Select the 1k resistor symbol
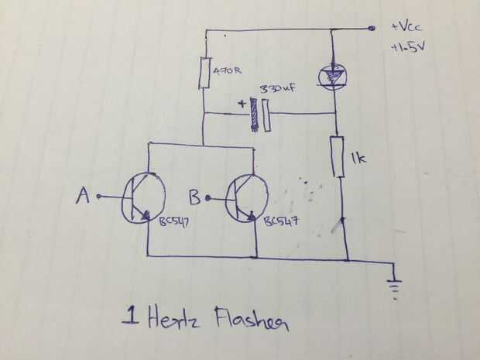click(337, 157)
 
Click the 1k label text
click(358, 160)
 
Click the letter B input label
click(195, 198)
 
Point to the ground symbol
click(397, 283)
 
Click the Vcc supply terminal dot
click(372, 29)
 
